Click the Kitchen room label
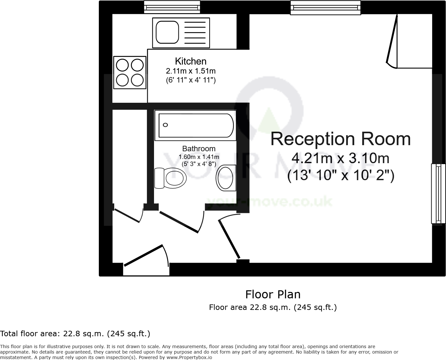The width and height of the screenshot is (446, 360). click(x=191, y=61)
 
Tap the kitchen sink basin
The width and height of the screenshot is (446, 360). click(x=167, y=32)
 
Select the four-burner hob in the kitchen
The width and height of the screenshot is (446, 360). click(x=130, y=73)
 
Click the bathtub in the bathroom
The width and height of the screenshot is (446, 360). click(x=196, y=125)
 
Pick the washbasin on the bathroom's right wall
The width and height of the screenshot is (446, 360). click(x=226, y=177)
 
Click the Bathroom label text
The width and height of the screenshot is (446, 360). click(x=199, y=149)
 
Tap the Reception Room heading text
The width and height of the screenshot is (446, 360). click(x=340, y=139)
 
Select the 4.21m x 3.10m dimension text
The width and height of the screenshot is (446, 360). click(x=340, y=158)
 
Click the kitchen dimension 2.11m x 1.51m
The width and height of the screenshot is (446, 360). click(x=191, y=71)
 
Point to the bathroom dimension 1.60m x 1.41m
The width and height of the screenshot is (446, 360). click(x=199, y=157)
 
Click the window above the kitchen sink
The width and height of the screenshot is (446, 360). click(x=172, y=7)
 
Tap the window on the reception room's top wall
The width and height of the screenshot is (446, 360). click(x=325, y=8)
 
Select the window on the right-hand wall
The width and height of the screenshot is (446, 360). click(x=438, y=193)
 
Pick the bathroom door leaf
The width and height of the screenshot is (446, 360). click(x=179, y=222)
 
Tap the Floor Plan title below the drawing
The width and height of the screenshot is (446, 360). click(x=273, y=294)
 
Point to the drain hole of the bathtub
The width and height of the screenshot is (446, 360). click(x=166, y=125)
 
